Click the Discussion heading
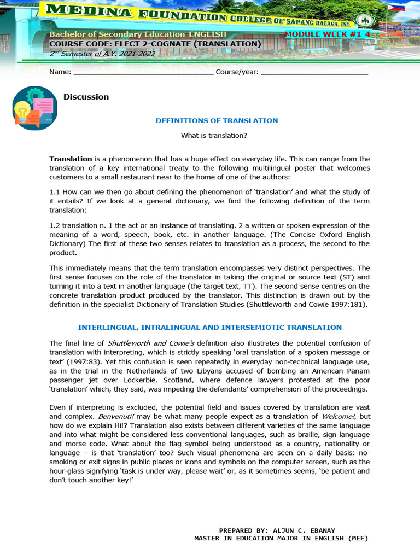(86, 97)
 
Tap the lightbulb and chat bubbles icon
(34, 108)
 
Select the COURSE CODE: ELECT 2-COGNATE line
(155, 44)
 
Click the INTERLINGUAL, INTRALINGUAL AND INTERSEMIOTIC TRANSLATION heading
(209, 327)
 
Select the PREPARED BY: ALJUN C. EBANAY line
(281, 530)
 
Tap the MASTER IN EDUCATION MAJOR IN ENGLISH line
(281, 538)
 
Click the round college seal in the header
(363, 21)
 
